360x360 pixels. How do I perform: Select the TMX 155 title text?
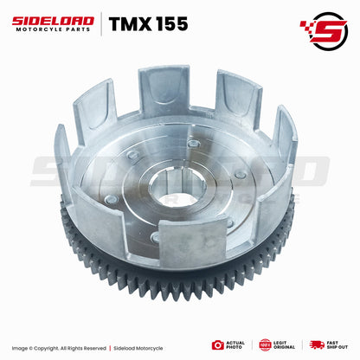coord(142,24)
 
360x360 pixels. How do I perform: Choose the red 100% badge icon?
coord(265,344)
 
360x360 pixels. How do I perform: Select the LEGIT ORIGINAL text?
coord(285,344)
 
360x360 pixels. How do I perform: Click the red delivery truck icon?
coord(316,344)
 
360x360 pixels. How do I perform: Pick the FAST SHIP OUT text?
coord(337,344)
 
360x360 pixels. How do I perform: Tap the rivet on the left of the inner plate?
coord(112,201)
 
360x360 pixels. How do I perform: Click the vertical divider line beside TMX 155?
coord(101,24)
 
